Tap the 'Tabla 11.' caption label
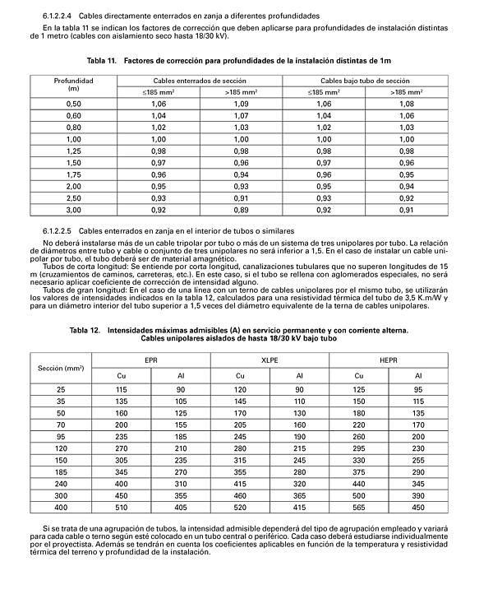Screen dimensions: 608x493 (x=104, y=61)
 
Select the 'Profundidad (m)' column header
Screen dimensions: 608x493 (x=74, y=85)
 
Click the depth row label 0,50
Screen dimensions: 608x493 (x=74, y=104)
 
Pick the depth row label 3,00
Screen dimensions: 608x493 (x=74, y=210)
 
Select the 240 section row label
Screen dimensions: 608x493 (x=61, y=485)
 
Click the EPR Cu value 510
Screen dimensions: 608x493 (x=122, y=508)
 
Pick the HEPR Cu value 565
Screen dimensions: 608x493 (x=359, y=508)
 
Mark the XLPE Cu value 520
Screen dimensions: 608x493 (x=240, y=508)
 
